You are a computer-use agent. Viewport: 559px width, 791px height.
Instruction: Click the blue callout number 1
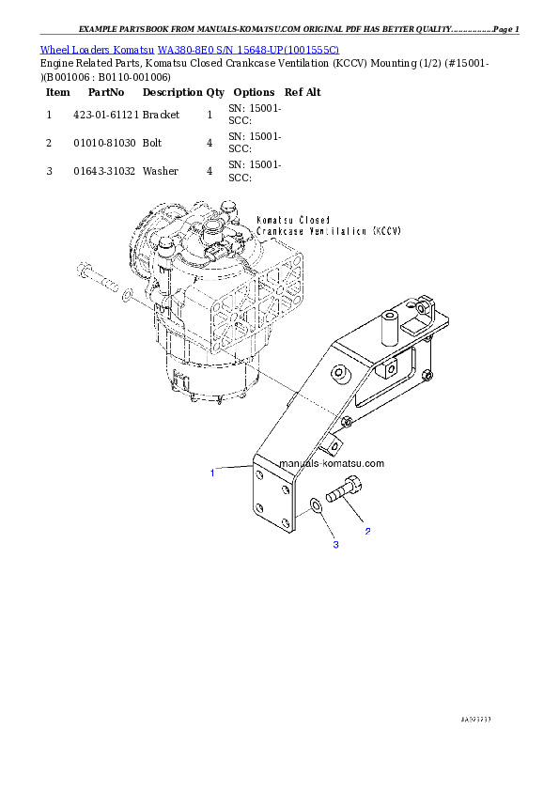(x=212, y=473)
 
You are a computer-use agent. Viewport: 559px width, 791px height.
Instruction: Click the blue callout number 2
(x=367, y=532)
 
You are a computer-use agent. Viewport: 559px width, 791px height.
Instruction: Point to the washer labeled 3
(x=317, y=507)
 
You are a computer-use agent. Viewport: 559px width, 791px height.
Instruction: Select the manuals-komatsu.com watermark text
(x=333, y=464)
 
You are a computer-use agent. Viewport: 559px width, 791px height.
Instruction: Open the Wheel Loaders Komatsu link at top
(x=189, y=49)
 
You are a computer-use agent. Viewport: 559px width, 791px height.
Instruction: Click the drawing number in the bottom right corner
(x=476, y=719)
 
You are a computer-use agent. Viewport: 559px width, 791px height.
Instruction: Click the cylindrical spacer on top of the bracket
(x=388, y=329)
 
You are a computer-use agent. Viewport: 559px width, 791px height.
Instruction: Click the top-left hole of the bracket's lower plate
(x=259, y=476)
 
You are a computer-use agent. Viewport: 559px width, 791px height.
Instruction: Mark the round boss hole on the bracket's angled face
(x=341, y=375)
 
